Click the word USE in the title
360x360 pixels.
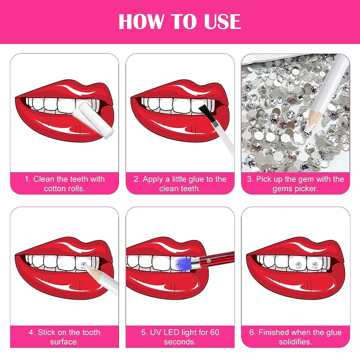[222, 21]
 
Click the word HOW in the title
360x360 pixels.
[141, 21]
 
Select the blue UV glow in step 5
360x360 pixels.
[181, 263]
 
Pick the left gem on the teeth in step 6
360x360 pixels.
[298, 265]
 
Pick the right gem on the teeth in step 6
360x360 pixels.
[314, 265]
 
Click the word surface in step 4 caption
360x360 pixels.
[64, 342]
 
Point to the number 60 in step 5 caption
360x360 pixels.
[214, 332]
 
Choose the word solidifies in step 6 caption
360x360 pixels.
[295, 341]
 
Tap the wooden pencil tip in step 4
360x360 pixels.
[90, 270]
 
